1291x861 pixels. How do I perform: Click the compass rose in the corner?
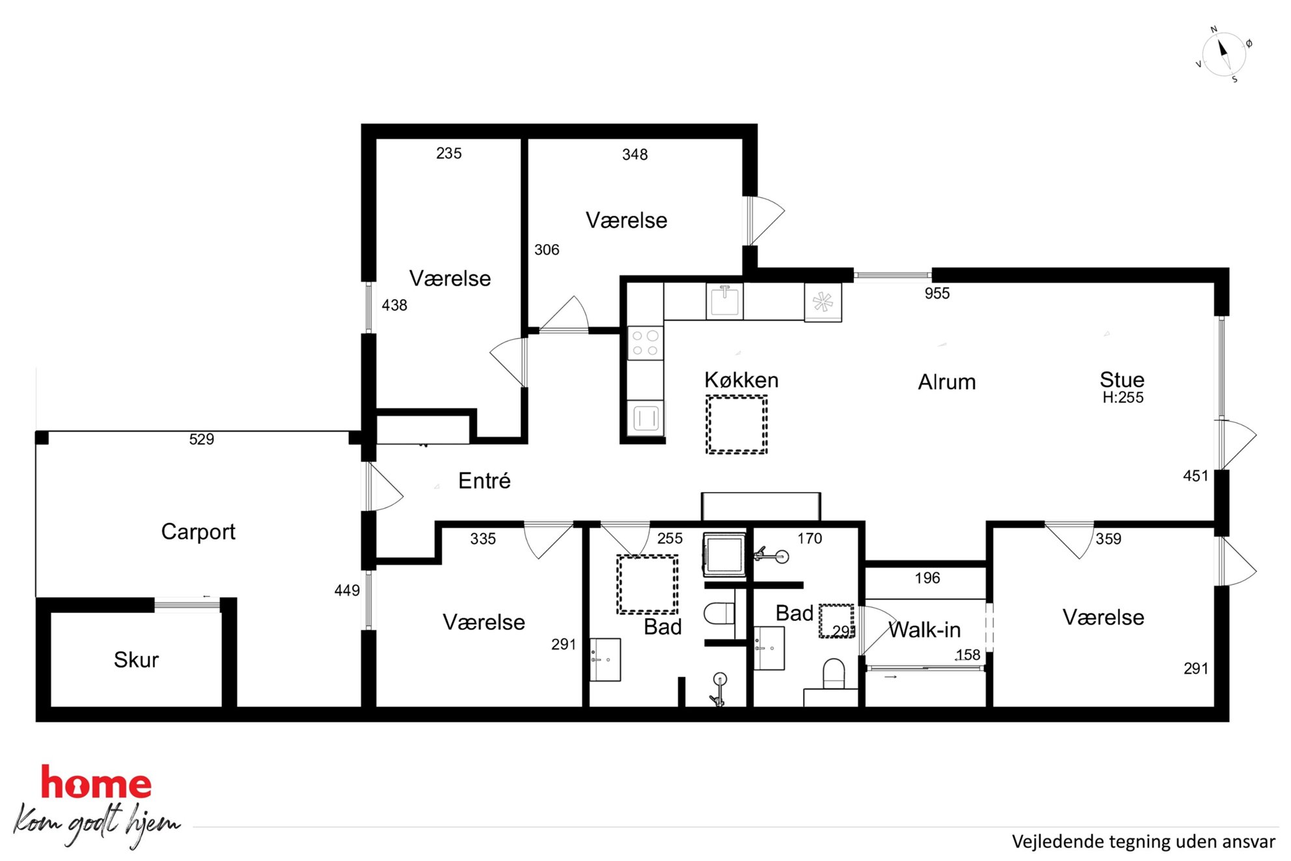(x=1224, y=55)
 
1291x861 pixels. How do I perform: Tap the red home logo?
(x=96, y=782)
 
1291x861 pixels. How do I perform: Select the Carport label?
(x=198, y=532)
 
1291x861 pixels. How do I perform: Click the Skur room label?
(x=136, y=660)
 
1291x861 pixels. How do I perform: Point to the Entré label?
(x=484, y=480)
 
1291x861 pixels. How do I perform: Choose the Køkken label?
(x=741, y=380)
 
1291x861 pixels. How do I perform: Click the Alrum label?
(x=947, y=382)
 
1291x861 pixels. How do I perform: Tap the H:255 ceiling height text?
(x=1122, y=398)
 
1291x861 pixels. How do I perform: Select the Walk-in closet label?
(x=924, y=630)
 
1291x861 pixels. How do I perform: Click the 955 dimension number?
(x=937, y=294)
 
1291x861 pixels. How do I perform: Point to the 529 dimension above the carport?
(x=202, y=439)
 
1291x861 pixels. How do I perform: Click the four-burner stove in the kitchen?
(x=645, y=343)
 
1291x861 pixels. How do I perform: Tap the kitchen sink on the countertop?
(x=724, y=301)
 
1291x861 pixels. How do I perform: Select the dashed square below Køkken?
(x=737, y=424)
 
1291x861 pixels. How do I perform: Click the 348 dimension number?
(x=634, y=155)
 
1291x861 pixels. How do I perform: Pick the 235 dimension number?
(x=449, y=154)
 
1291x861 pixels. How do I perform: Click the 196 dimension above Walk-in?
(x=927, y=578)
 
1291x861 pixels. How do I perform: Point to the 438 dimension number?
(x=394, y=305)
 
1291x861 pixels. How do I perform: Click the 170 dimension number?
(x=809, y=538)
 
